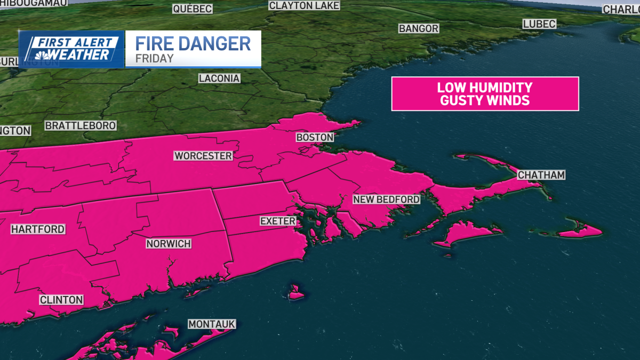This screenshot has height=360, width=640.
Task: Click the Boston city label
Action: pos(315,138)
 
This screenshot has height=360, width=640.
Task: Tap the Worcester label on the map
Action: pos(203,156)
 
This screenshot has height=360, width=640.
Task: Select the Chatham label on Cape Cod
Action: pos(541,175)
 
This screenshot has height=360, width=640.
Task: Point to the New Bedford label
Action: pos(387,199)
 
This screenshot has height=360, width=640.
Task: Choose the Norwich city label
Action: pos(169,244)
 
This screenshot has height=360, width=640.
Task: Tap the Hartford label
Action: pos(38,229)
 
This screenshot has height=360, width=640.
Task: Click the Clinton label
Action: pos(61,300)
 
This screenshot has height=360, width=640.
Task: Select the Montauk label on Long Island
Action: pos(211,324)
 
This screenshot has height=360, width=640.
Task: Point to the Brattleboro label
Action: pos(81,126)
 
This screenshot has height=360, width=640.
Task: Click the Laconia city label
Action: pos(219,78)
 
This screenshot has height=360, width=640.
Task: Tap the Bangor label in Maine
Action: pos(419,28)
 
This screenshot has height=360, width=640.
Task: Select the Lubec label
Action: pos(539,24)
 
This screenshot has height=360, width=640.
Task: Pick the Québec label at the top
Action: pos(193,9)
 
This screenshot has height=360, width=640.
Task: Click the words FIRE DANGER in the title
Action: pos(193,43)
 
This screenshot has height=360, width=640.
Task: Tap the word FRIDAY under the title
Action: pos(154,59)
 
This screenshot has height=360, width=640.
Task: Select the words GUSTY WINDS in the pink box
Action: pos(485,100)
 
